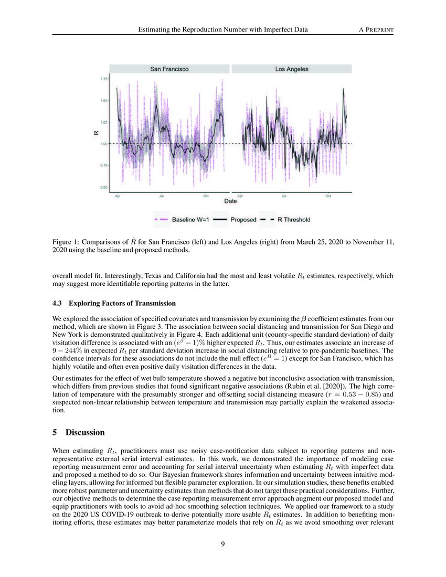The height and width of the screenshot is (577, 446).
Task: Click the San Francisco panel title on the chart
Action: tap(169, 69)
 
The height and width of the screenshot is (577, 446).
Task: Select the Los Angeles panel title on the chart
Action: tap(291, 69)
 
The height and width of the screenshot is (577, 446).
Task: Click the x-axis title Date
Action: tap(230, 201)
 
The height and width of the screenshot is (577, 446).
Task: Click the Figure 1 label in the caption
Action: tap(67, 242)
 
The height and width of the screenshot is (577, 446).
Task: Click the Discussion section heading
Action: tap(85, 433)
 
